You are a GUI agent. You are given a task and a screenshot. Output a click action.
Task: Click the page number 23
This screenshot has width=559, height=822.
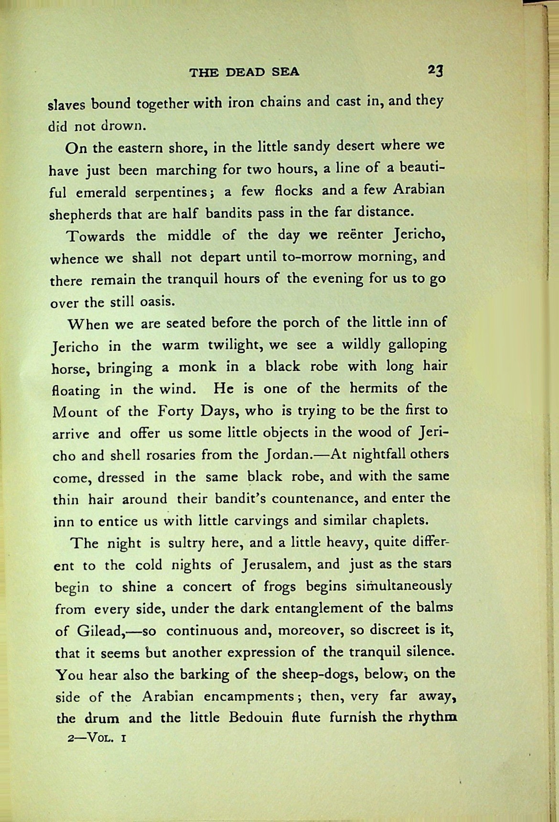(435, 70)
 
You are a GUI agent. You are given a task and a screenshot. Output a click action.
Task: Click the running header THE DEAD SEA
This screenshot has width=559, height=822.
(244, 72)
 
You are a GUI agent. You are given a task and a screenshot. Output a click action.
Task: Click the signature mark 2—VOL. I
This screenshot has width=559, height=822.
(97, 738)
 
